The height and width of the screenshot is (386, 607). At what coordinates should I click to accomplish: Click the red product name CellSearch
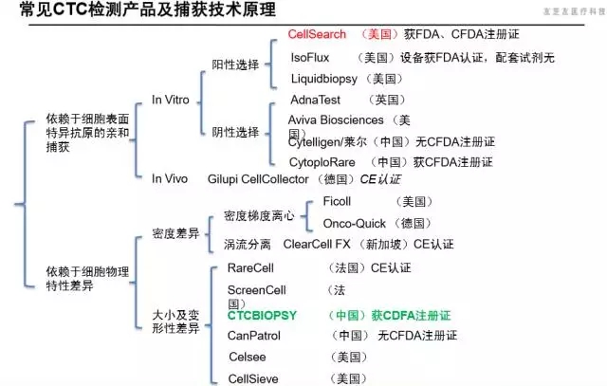(x=321, y=33)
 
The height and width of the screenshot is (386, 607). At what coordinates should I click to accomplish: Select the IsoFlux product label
(x=310, y=57)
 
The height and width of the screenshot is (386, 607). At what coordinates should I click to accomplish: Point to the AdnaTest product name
(x=317, y=100)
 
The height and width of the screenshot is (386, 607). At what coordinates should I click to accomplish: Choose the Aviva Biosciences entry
(x=337, y=120)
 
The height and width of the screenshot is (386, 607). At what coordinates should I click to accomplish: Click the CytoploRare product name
(x=325, y=161)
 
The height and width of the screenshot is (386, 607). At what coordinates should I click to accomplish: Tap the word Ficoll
(x=338, y=203)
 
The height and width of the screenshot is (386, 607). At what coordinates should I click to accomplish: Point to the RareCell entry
(x=251, y=268)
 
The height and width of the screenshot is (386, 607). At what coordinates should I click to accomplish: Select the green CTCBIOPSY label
(x=263, y=315)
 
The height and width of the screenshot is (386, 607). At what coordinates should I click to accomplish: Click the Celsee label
(x=248, y=357)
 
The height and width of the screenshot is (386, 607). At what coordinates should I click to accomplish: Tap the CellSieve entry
(x=252, y=377)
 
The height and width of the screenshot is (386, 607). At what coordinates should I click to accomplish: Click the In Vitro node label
(x=173, y=99)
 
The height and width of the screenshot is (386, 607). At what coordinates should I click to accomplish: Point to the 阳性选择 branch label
(x=235, y=64)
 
